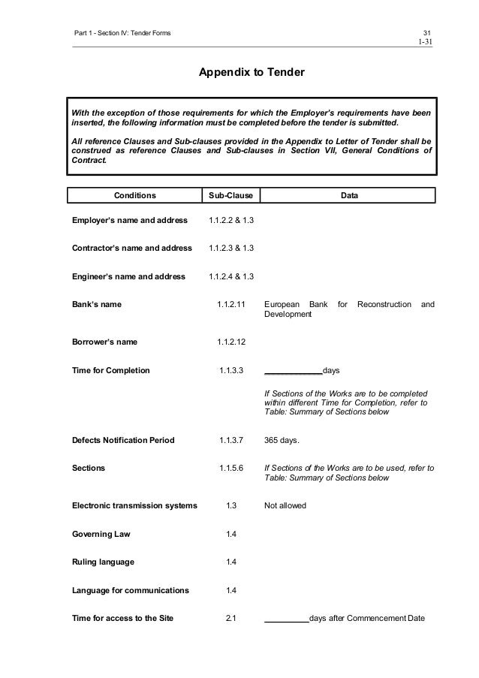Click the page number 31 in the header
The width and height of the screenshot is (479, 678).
point(427,32)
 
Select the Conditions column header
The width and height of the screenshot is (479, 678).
point(134,195)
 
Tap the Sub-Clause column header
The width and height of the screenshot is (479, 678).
point(230,195)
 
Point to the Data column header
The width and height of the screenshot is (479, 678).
point(349,195)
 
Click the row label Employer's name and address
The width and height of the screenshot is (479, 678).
point(129,221)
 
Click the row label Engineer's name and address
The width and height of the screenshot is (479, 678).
point(128,276)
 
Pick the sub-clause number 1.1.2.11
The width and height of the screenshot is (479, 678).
point(232,305)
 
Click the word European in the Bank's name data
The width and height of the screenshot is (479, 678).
point(285,305)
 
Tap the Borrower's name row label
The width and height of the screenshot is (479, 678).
point(104,342)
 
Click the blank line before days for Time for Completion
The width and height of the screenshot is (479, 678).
point(293,371)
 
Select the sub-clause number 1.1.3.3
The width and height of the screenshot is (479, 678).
point(231,370)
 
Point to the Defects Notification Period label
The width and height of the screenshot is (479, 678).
point(122,440)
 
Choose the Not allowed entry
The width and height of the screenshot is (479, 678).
point(285,506)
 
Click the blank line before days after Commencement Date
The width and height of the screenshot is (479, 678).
point(286,619)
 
